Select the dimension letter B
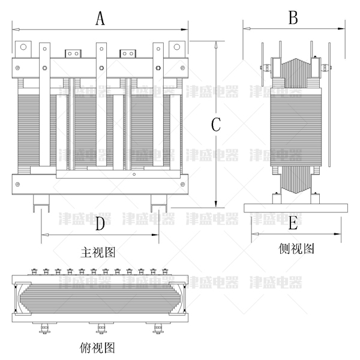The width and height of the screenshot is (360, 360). [x=293, y=18]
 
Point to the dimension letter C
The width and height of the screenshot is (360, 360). [x=217, y=124]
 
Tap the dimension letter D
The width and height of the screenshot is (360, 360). [x=100, y=224]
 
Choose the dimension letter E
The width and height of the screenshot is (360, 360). [x=293, y=223]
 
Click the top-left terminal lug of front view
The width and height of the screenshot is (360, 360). [x=23, y=48]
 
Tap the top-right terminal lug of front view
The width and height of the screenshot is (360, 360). [x=177, y=48]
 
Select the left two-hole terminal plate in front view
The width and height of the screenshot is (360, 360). [x=73, y=53]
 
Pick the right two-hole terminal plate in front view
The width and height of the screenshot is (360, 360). [x=128, y=53]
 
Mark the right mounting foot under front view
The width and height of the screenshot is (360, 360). [x=159, y=202]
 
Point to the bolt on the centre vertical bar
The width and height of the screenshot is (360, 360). [x=101, y=67]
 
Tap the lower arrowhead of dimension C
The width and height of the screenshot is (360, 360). [x=217, y=203]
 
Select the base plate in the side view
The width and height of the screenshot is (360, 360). [x=295, y=208]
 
